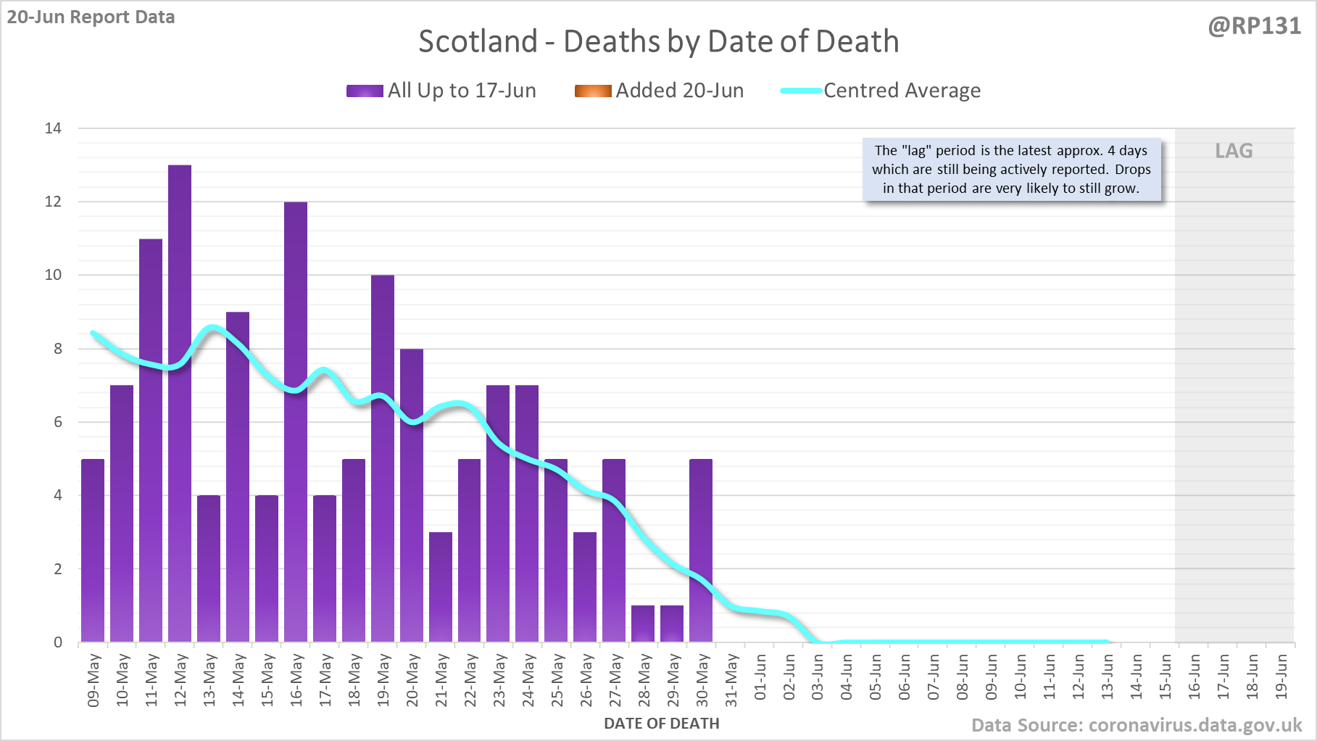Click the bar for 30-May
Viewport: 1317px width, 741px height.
701,550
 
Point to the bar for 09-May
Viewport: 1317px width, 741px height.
93,550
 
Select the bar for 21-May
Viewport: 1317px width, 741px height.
441,587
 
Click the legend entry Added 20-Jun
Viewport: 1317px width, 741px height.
659,91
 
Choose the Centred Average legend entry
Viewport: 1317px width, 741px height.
880,91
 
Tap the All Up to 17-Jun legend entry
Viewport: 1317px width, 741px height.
441,91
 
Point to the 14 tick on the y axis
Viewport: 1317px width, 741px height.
53,128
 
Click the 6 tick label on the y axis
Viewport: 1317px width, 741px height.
58,422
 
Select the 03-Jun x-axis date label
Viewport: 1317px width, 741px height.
818,677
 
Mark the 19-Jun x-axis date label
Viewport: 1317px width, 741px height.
1281,677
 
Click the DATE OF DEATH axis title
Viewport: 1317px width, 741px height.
661,724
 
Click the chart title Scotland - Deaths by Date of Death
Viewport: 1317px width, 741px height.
658,41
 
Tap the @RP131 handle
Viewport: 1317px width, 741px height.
1254,26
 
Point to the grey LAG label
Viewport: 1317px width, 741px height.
1234,151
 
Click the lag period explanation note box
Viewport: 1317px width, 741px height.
1011,170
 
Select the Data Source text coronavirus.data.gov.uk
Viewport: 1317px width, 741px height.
1136,725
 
